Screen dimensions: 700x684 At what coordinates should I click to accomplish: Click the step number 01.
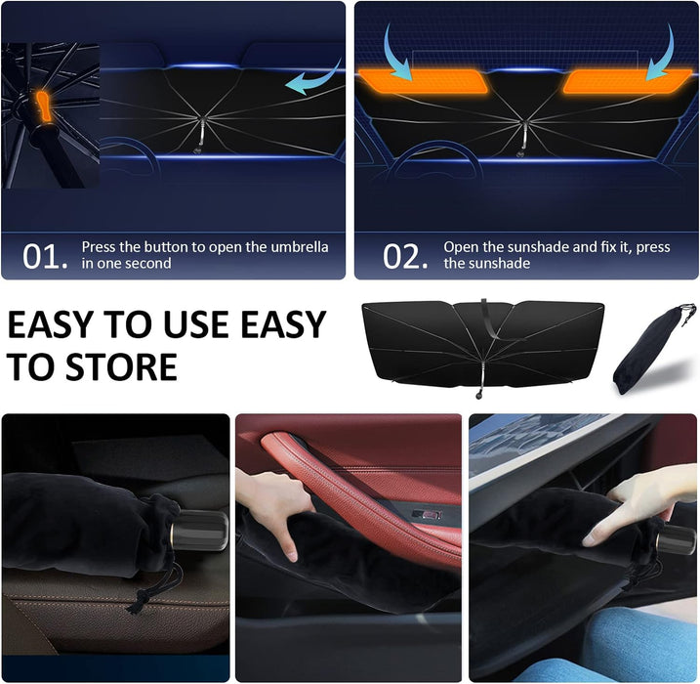point(46,256)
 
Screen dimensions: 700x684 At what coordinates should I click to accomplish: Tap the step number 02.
point(405,256)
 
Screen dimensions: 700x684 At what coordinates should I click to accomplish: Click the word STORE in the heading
point(122,366)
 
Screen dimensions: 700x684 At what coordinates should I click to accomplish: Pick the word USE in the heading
point(198,324)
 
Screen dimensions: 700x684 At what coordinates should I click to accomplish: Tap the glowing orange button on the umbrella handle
point(43,107)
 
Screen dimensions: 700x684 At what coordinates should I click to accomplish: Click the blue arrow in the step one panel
point(312,78)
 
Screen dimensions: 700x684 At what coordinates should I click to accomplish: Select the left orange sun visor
point(423,81)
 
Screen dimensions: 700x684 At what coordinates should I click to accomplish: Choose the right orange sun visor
point(628,81)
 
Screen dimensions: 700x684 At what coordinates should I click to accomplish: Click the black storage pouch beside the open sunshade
point(651,350)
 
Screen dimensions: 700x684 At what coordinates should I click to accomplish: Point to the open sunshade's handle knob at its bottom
point(479,395)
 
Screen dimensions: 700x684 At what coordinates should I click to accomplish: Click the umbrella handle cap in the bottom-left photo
point(199,531)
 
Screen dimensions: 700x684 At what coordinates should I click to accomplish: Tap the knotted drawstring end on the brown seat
point(136,605)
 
